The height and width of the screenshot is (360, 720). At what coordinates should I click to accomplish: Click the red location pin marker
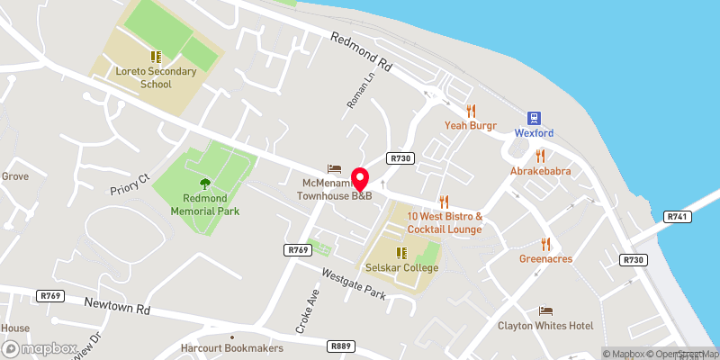pyautogui.click(x=360, y=178)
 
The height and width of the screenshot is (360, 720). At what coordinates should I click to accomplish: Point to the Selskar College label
pyautogui.click(x=402, y=267)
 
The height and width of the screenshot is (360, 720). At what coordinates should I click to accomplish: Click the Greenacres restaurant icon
pyautogui.click(x=545, y=243)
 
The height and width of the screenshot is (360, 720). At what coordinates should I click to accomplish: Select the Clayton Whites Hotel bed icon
pyautogui.click(x=545, y=310)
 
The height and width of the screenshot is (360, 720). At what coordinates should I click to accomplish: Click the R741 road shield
pyautogui.click(x=677, y=217)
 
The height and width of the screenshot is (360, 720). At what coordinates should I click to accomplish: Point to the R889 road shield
pyautogui.click(x=340, y=346)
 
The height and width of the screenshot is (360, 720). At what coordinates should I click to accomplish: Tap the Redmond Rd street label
pyautogui.click(x=363, y=53)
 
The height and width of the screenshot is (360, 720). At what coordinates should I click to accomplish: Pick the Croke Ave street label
pyautogui.click(x=304, y=308)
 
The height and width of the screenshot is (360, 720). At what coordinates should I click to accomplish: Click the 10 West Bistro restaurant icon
pyautogui.click(x=444, y=202)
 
